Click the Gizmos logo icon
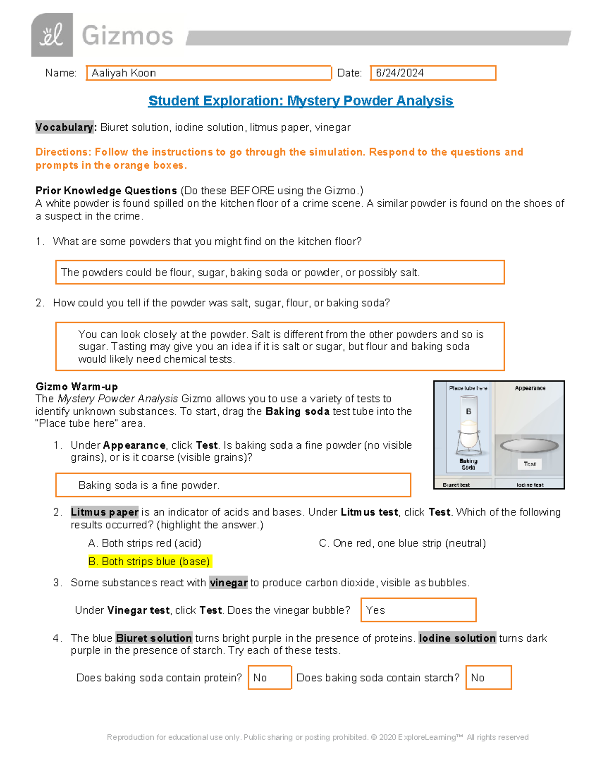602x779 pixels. [52, 35]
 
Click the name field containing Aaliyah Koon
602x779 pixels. [209, 73]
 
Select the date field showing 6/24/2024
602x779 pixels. [432, 73]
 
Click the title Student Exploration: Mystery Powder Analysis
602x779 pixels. [300, 101]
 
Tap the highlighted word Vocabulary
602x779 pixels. [64, 127]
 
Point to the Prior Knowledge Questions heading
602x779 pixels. [106, 191]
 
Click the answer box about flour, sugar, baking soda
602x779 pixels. [279, 272]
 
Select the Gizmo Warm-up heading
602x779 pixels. [77, 386]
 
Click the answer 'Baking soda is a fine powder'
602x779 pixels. [233, 485]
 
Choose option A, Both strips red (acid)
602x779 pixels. [144, 543]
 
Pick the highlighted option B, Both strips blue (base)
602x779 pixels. [149, 561]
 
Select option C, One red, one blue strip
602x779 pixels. [402, 543]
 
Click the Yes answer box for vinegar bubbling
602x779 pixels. [418, 610]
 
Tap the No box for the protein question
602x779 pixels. [269, 678]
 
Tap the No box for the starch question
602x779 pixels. [488, 678]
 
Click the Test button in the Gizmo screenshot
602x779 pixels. [530, 464]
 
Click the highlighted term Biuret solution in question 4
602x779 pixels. [154, 638]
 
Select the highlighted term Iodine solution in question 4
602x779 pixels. [457, 638]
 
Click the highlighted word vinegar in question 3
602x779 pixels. [228, 583]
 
